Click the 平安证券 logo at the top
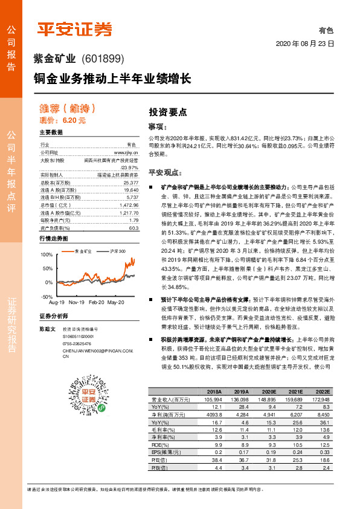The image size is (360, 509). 75,28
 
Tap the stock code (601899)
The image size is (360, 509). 101,59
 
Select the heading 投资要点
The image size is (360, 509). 168,112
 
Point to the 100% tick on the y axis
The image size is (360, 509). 46,254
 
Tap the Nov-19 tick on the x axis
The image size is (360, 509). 76,301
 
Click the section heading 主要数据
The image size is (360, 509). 51,132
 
